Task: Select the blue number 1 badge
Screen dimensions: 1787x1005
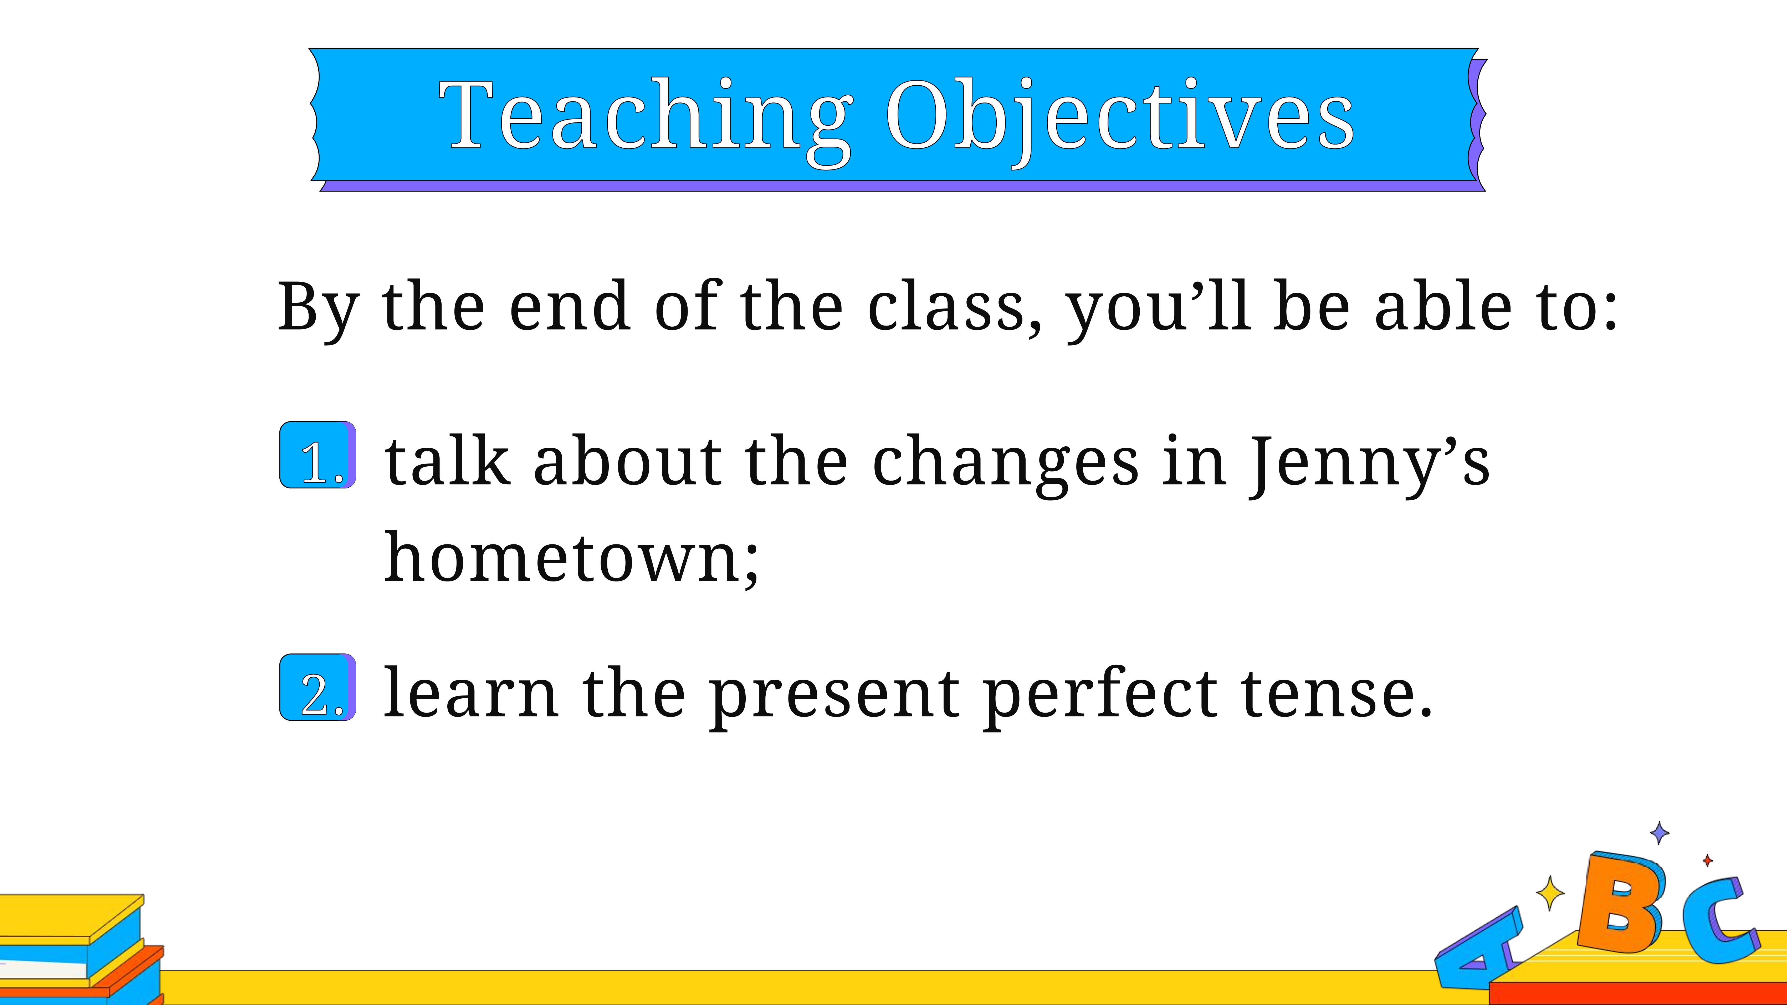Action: point(318,455)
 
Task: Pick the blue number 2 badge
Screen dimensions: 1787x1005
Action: point(318,687)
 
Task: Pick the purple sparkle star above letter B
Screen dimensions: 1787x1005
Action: point(1659,832)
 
